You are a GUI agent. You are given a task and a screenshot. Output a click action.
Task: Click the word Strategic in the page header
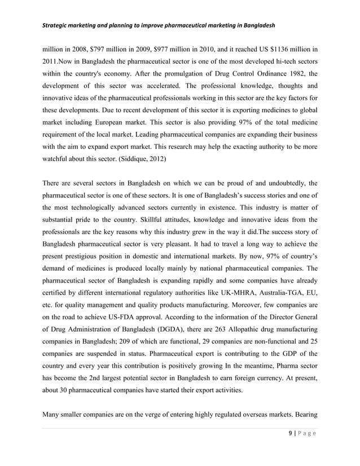[x=55, y=27]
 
